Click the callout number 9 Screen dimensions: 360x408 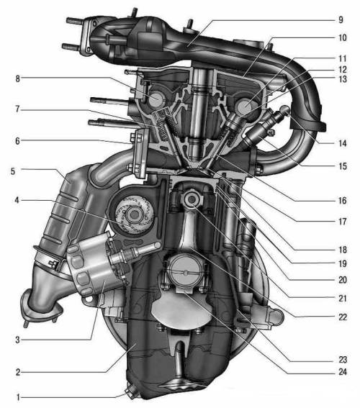tap(341, 19)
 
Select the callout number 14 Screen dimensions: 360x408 tap(343, 143)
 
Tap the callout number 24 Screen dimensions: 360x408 tap(343, 372)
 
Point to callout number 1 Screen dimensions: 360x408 tap(18, 397)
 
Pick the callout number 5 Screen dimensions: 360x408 tap(13, 171)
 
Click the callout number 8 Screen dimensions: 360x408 tap(17, 78)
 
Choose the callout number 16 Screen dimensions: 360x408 tap(343, 200)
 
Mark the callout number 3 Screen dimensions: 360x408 tap(17, 340)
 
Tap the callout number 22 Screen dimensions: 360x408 tap(343, 317)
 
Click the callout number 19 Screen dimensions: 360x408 tap(343, 263)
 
